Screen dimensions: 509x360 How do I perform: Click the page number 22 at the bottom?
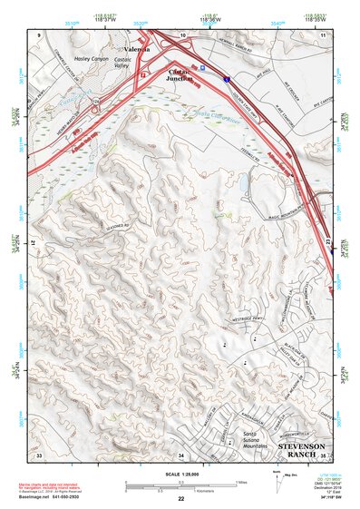(x=181, y=499)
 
